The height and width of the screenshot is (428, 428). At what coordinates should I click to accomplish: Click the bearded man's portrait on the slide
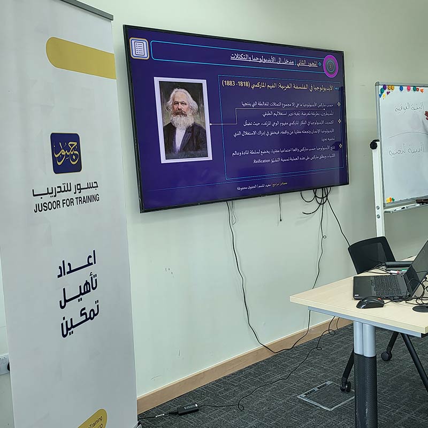coord(183,120)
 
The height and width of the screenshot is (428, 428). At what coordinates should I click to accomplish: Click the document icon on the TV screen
coord(139,49)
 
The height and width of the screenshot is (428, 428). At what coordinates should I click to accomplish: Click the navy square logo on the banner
coord(66,153)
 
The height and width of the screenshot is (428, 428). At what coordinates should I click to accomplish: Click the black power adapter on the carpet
coord(188,409)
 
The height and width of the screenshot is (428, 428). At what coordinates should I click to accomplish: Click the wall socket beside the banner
coord(4,364)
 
